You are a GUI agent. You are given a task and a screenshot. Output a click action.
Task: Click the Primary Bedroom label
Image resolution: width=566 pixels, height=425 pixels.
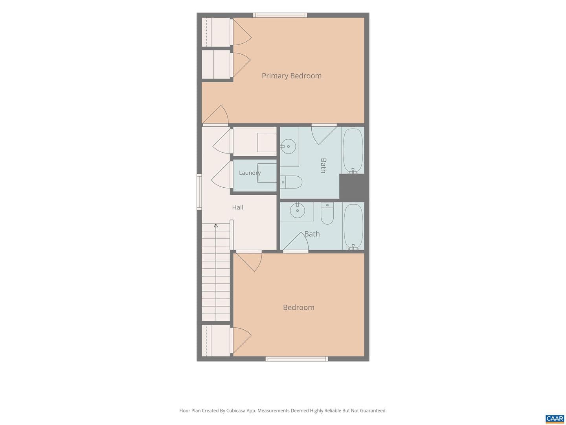click(x=291, y=76)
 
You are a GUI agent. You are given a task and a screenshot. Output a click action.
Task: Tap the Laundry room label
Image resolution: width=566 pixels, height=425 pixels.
click(x=250, y=173)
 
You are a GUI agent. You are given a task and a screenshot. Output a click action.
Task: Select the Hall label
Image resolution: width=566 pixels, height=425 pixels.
click(x=237, y=207)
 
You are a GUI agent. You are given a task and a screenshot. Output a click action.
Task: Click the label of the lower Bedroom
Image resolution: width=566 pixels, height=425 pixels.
click(x=298, y=307)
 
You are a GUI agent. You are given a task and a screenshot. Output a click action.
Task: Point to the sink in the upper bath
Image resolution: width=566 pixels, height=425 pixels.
click(x=288, y=146)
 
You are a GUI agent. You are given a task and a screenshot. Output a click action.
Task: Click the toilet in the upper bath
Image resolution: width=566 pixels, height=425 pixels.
click(x=291, y=182)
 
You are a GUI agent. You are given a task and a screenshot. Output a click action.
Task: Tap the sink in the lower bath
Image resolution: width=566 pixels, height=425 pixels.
click(x=297, y=210)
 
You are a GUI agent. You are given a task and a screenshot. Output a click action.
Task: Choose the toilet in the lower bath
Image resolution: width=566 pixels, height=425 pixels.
click(x=327, y=213)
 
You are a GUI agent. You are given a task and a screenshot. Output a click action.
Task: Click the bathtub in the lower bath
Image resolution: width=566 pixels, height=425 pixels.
click(x=353, y=226)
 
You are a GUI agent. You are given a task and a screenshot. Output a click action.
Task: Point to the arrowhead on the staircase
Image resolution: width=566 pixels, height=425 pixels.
click(x=216, y=225)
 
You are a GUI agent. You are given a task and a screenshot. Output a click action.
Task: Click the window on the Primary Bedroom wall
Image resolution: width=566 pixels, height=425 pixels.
click(x=280, y=15)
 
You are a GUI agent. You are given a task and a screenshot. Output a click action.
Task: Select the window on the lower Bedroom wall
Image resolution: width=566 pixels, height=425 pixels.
click(x=297, y=358)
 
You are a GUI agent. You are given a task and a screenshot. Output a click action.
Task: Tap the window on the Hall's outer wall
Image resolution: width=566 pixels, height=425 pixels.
click(x=199, y=192)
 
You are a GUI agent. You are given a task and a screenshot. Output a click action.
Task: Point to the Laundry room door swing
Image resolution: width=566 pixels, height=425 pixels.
click(x=221, y=175)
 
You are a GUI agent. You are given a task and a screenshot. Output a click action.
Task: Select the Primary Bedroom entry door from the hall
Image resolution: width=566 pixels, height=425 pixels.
click(x=215, y=115)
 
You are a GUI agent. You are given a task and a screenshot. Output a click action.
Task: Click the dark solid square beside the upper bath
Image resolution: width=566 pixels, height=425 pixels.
click(x=352, y=186)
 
